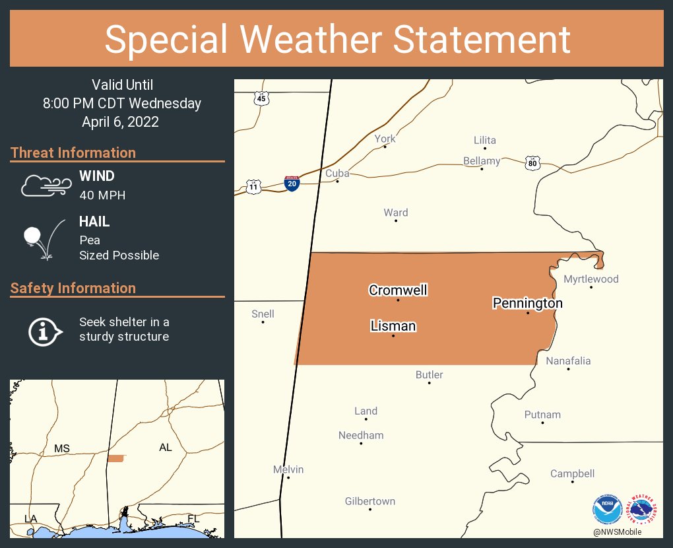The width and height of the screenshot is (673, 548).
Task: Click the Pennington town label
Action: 528,303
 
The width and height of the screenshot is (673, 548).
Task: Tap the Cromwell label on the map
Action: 398,290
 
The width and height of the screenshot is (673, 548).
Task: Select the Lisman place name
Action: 393,325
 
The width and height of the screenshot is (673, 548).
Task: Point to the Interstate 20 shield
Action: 292,183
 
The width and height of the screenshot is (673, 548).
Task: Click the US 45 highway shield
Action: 262,98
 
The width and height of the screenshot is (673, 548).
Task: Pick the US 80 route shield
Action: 532,162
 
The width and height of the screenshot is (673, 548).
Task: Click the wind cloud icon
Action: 44,186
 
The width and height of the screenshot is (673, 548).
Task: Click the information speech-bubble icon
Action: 44,330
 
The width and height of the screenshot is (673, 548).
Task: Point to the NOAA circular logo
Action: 608,510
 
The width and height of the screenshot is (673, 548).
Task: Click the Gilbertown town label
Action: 370,501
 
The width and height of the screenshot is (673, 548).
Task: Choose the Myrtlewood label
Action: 591,279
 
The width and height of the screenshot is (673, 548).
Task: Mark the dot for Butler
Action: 429,383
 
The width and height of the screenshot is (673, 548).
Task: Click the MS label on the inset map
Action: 62,449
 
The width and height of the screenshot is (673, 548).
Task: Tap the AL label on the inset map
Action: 166,448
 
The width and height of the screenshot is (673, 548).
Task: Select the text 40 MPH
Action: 102,195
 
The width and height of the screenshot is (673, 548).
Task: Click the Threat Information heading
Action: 73,153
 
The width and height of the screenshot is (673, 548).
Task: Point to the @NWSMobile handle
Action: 617,532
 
